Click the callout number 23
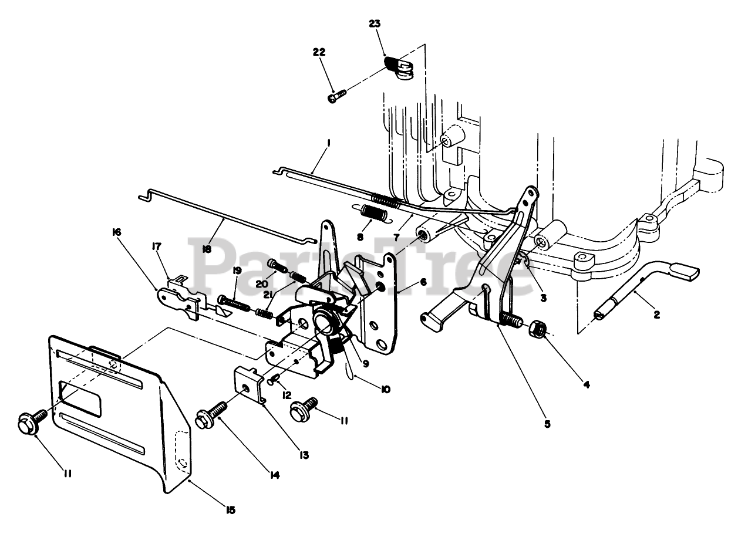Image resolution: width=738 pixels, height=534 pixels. coord(375,24)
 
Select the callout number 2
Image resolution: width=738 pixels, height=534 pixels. coord(656,315)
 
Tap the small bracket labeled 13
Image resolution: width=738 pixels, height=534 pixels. coord(249,385)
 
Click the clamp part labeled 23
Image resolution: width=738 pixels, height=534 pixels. coord(400,67)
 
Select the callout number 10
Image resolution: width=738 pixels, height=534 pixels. coord(385,388)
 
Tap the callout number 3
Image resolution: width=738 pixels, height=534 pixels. coord(543,298)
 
